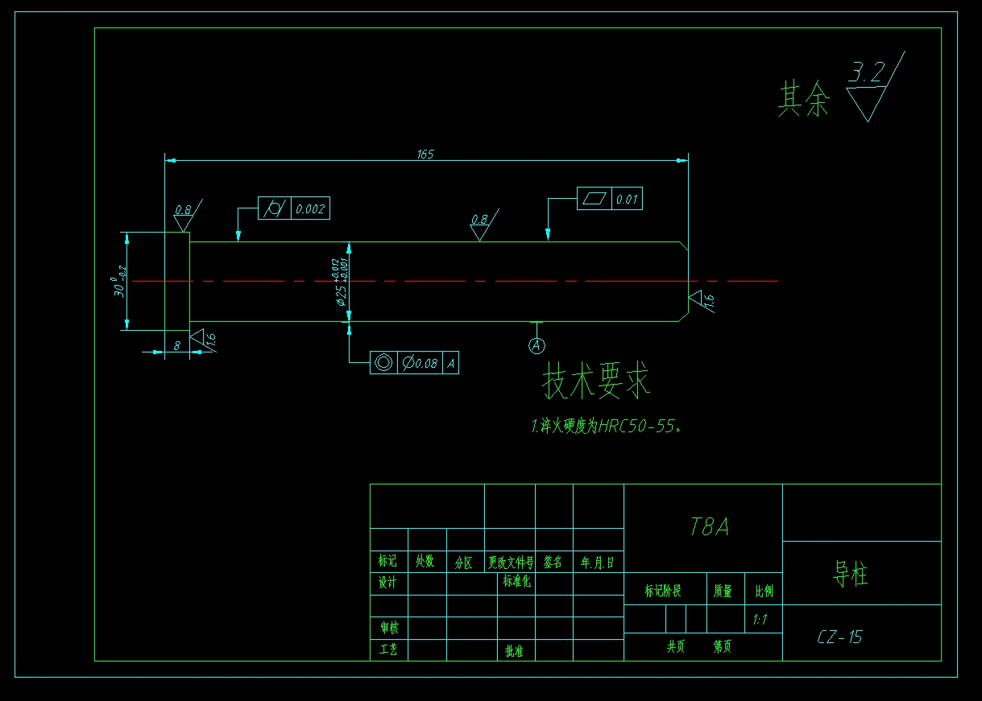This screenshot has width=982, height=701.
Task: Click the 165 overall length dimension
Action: coord(425,154)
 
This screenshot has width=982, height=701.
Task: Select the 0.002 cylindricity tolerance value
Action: coord(310,209)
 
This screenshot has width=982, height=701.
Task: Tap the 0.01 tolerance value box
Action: coord(628,200)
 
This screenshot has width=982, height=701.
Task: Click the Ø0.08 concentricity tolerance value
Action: coord(421,364)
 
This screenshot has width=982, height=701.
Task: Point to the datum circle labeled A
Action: coord(537,345)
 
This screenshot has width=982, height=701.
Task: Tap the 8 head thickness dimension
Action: coord(177,344)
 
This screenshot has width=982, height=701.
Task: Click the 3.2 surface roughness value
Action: coord(866,74)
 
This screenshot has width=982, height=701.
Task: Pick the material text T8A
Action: coord(710,527)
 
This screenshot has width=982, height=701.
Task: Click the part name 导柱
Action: coord(850,575)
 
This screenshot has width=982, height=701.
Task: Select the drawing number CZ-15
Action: coord(839,637)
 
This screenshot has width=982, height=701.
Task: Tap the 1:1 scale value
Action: coord(760,620)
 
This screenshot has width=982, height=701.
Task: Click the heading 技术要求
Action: coord(596,381)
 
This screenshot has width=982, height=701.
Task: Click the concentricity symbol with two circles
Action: coord(383,364)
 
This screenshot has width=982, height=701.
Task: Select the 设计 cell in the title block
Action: coord(388,583)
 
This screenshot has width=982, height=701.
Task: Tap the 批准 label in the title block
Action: coord(514,651)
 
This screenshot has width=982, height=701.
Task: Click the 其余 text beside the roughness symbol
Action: coord(803,100)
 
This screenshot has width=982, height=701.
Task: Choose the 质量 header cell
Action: coord(723,592)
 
